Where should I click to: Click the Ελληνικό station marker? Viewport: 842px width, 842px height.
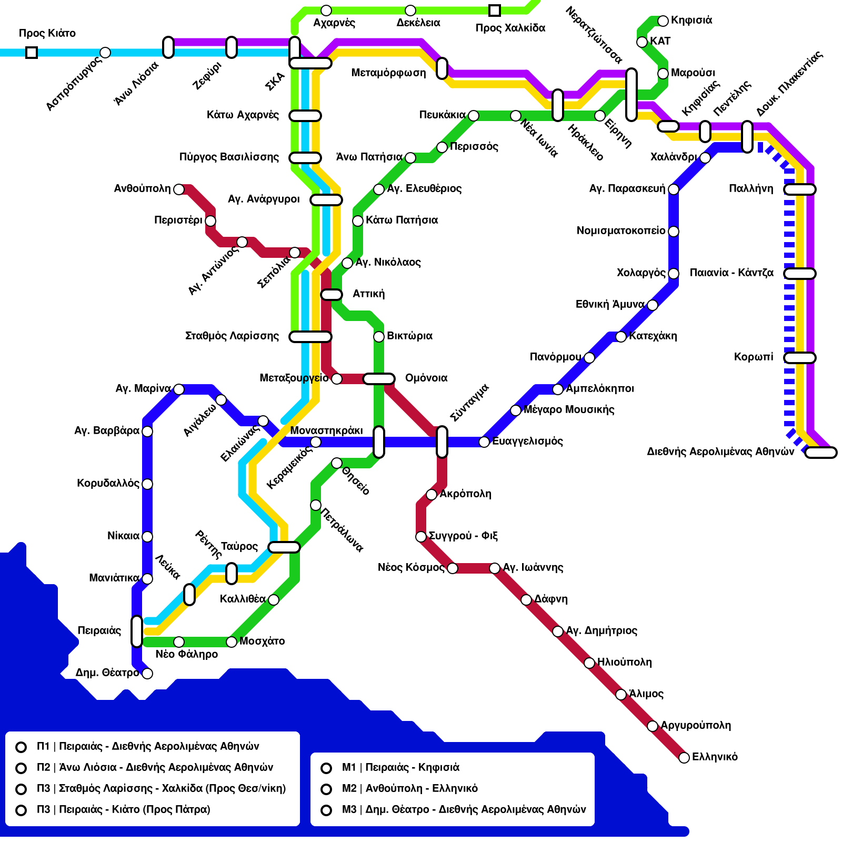[684, 758]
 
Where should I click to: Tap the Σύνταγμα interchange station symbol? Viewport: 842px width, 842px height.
[442, 442]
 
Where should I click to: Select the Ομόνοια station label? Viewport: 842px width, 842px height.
[426, 378]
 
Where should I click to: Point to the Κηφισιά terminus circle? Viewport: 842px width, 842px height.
[663, 21]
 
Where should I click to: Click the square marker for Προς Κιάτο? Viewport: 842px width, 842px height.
[32, 53]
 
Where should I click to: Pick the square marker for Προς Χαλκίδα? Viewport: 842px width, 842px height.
[495, 11]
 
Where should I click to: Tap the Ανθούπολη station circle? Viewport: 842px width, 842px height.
[179, 189]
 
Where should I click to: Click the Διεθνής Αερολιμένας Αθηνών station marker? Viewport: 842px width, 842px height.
[821, 453]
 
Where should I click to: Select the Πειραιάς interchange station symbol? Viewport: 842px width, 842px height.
[137, 631]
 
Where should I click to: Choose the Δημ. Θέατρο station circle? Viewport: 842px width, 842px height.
[147, 674]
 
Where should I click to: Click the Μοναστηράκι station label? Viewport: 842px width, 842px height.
[326, 430]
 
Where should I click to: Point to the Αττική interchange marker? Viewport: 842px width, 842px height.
[332, 295]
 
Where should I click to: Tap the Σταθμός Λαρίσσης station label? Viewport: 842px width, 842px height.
[232, 336]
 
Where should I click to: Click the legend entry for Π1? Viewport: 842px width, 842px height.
[147, 746]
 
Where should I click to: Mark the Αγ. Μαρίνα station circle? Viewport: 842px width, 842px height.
[179, 389]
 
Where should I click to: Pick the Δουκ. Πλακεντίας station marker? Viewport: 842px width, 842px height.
[747, 137]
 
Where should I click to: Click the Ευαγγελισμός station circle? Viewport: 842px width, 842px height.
[484, 442]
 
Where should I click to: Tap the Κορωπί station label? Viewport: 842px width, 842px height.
[754, 357]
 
